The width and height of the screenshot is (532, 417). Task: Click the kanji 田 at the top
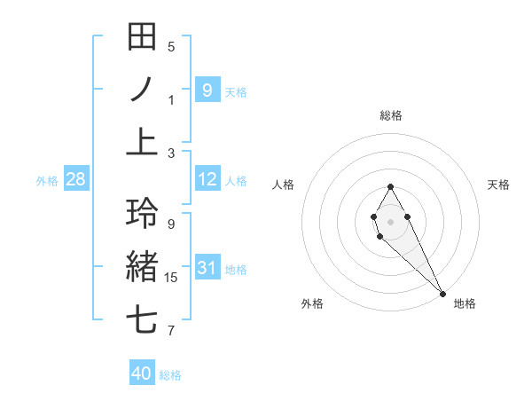pos(142,37)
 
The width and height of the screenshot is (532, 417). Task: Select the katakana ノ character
pos(142,90)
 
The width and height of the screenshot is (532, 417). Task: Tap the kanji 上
pos(142,142)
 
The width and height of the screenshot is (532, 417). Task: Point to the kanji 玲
pos(142,214)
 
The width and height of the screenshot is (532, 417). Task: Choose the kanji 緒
pos(142,266)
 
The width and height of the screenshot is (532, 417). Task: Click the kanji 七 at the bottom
pos(142,319)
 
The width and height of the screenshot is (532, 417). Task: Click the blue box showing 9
pos(207,90)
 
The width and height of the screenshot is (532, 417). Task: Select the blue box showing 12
pos(207,179)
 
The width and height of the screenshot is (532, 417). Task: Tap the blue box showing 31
pos(207,268)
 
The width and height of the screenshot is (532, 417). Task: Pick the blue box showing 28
pos(75,179)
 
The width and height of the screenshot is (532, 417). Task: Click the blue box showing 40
pos(141,374)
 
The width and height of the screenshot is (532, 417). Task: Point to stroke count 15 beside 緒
pos(171,278)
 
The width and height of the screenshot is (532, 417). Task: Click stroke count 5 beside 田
pos(171,47)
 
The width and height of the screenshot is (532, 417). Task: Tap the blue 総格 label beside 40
pos(170,375)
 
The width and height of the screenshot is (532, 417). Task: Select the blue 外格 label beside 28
pos(47,181)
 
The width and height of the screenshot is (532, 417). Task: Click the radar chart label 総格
pos(390,115)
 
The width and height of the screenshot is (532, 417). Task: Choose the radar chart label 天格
pos(498,185)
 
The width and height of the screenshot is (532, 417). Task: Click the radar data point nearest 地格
pos(442,293)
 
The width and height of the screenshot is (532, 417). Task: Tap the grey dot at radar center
pos(390,221)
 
